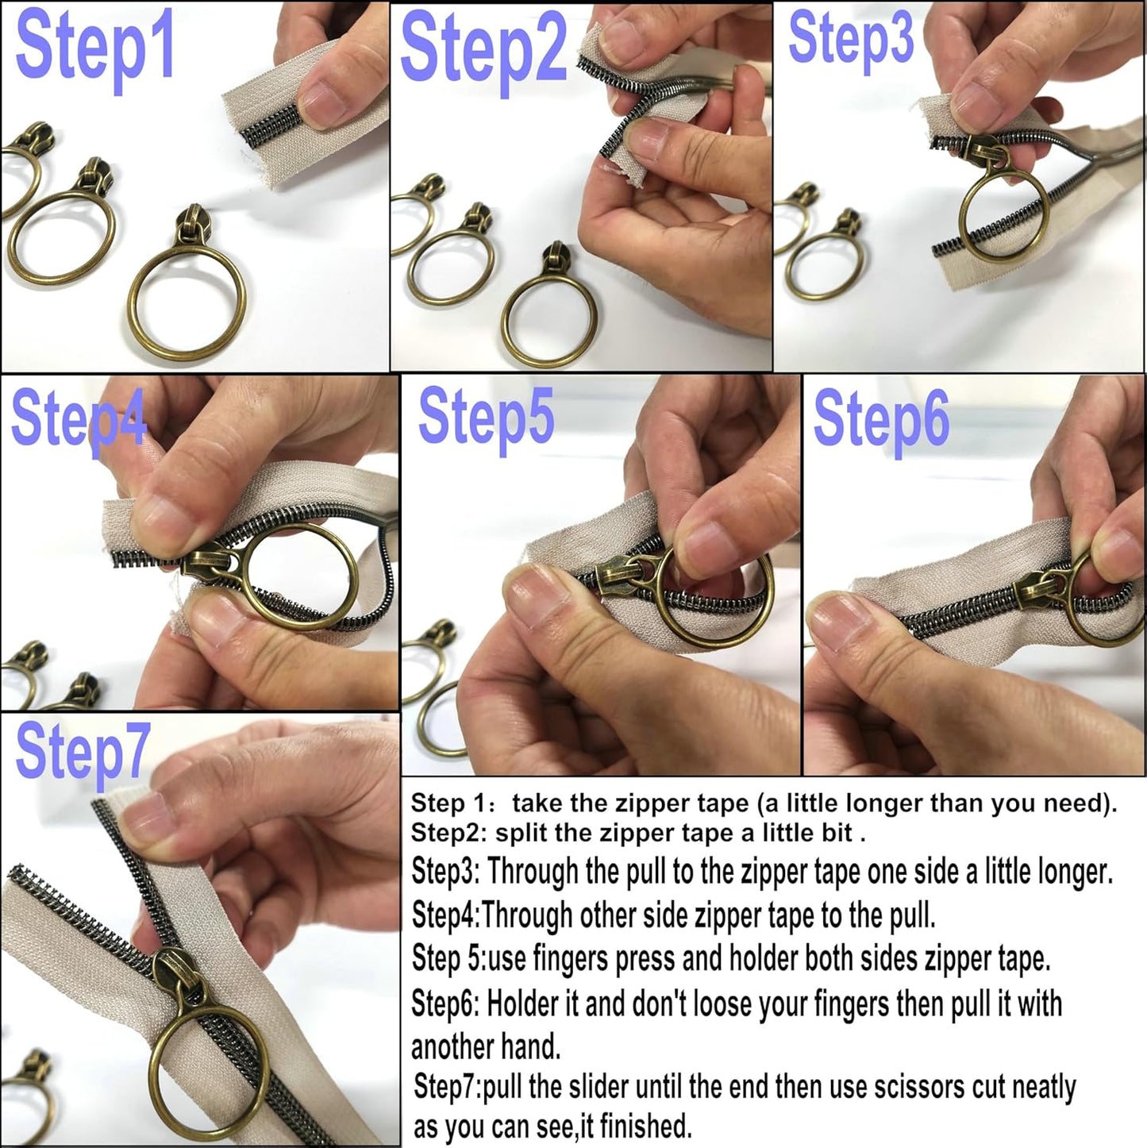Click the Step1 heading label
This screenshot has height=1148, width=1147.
click(x=94, y=49)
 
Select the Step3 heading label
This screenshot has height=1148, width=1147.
click(x=850, y=40)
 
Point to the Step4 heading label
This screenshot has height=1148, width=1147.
click(x=78, y=420)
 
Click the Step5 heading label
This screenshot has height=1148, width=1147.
click(x=486, y=418)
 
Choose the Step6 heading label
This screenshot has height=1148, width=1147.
click(x=881, y=421)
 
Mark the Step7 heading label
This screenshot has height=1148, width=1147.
click(x=82, y=752)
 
